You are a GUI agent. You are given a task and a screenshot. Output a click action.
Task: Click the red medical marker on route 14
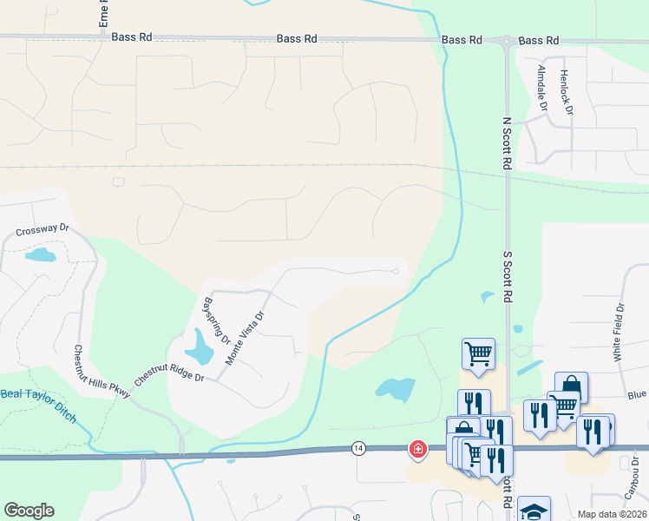(x=418, y=448)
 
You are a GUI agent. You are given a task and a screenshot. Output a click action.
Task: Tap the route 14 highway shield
(x=358, y=447)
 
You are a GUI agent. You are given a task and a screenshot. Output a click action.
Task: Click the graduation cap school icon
(x=534, y=511)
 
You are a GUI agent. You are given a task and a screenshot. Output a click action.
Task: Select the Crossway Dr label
(x=42, y=229)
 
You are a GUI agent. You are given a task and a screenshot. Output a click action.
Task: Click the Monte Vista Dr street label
(x=244, y=338)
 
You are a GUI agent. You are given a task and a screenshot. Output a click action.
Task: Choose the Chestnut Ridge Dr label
(x=168, y=379)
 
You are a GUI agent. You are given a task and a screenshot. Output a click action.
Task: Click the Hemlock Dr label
(x=566, y=92)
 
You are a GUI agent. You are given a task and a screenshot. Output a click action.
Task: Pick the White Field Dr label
(x=619, y=333)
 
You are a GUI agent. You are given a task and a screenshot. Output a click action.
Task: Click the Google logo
(x=29, y=511)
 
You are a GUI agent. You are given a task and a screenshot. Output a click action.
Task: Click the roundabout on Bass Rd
(x=505, y=40)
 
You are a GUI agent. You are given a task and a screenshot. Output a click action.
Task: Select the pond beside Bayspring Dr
(x=200, y=347)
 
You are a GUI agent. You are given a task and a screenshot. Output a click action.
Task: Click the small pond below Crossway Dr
(x=40, y=255)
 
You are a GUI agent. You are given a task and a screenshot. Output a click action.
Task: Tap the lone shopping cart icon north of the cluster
(x=478, y=354)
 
